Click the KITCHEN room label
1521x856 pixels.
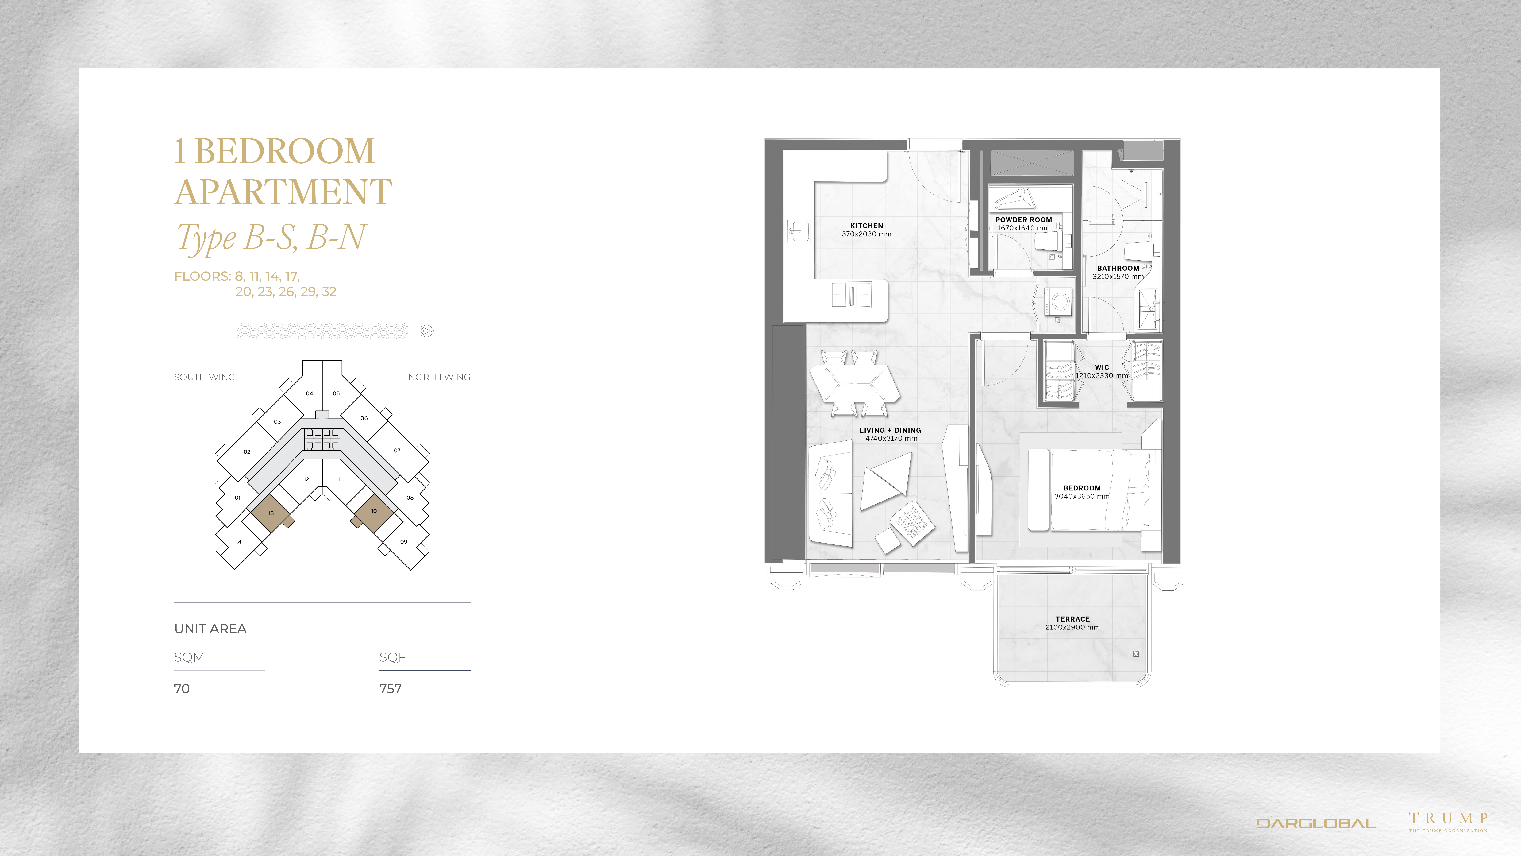pos(866,226)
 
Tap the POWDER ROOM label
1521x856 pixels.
pos(1023,220)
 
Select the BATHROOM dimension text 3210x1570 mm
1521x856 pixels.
pos(1118,277)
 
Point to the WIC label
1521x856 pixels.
pos(1102,367)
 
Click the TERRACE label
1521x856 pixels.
pos(1072,619)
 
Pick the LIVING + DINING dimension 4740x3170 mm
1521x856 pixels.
pos(891,438)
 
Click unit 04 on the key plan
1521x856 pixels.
pos(309,393)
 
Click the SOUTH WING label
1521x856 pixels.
pos(204,377)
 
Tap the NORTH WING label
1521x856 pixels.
pos(439,377)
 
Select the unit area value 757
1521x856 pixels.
pos(390,689)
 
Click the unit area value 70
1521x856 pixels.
pos(182,689)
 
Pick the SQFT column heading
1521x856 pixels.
pos(397,657)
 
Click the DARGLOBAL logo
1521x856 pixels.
pos(1316,823)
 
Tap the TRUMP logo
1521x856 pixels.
pos(1448,822)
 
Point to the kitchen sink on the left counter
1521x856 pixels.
pos(798,231)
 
